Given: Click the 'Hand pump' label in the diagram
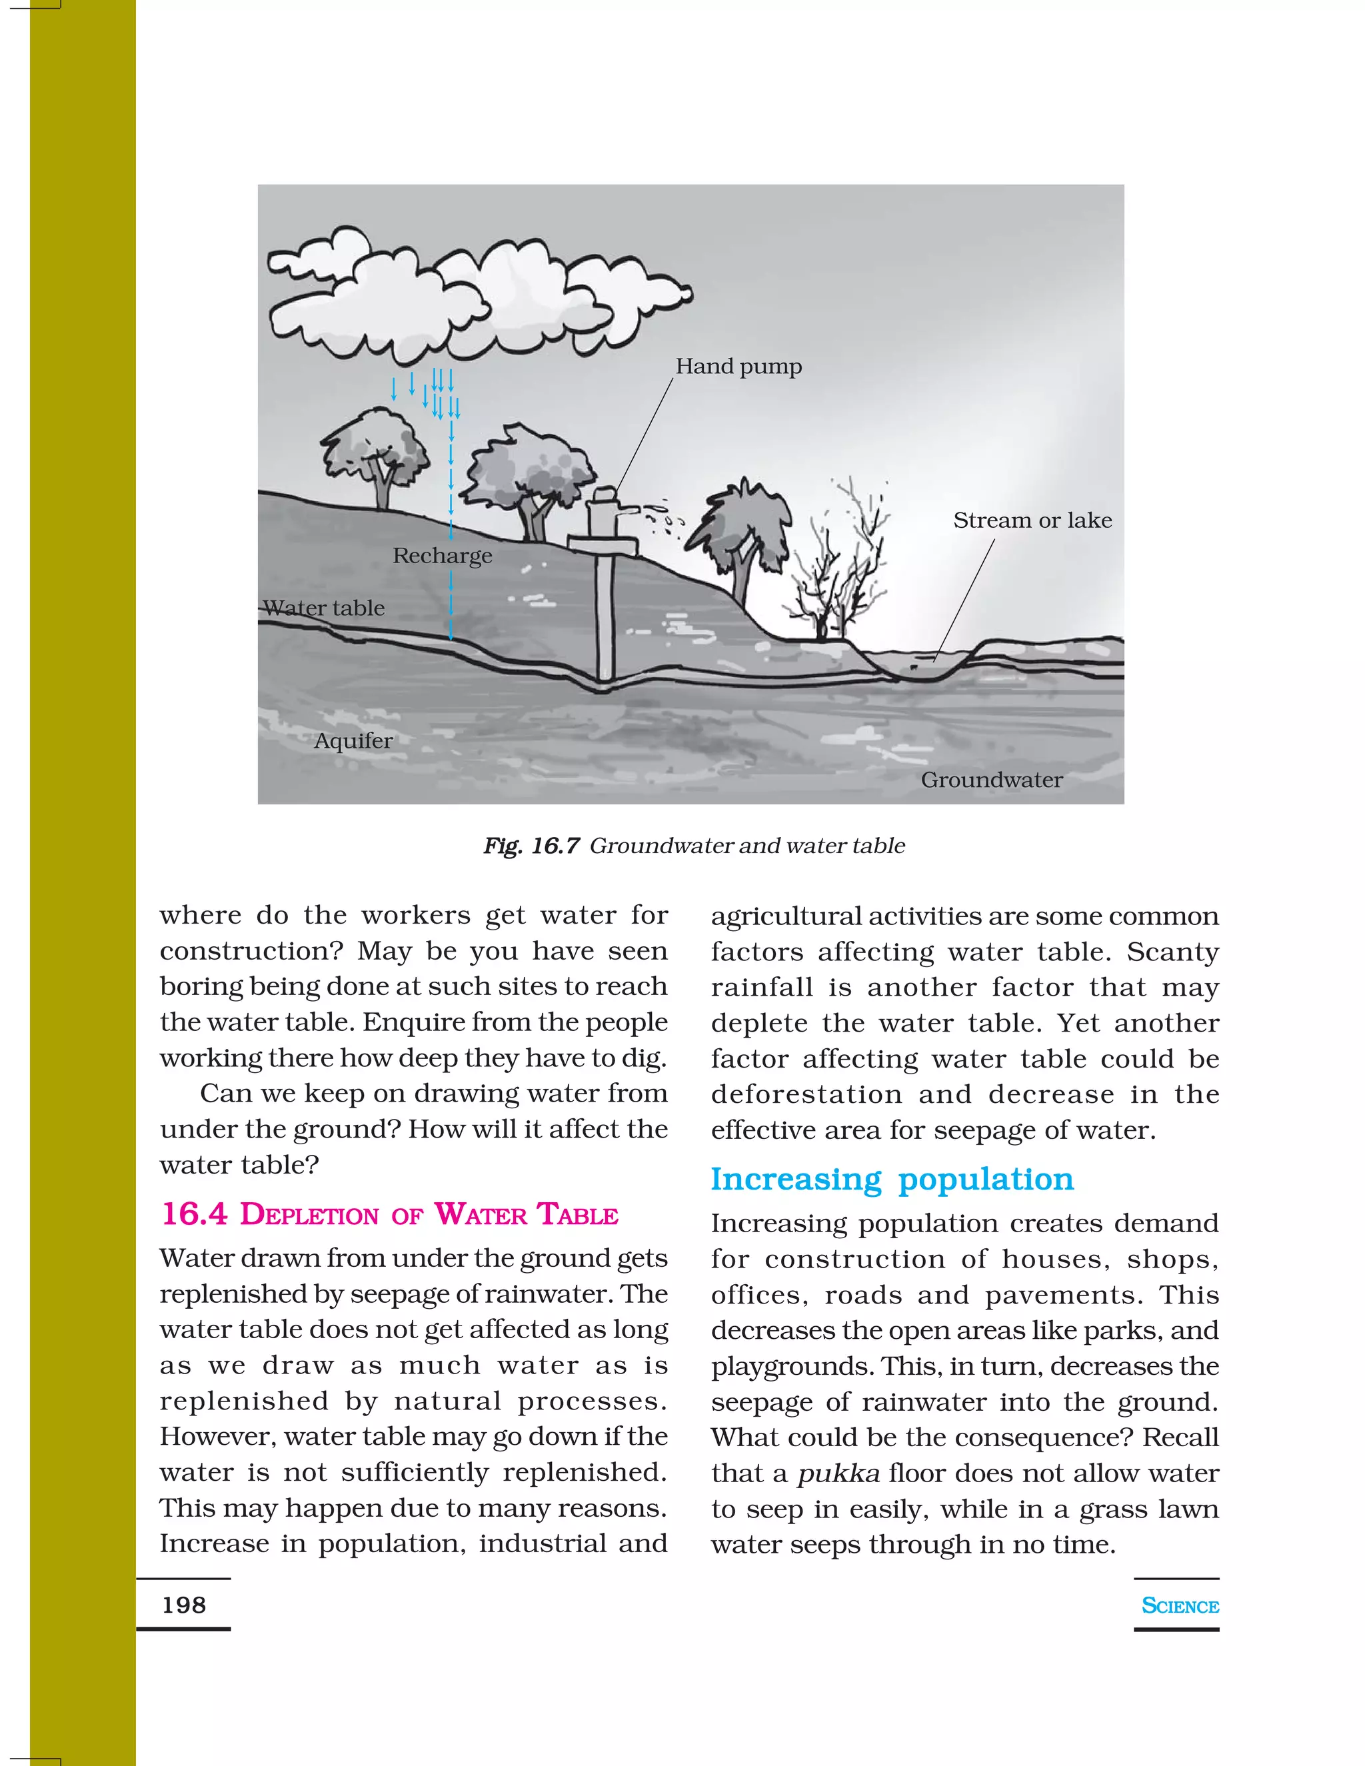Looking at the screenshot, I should pos(738,367).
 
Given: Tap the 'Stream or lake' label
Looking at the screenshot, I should pos(1032,520).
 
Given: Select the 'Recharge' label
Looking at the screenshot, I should pos(443,556).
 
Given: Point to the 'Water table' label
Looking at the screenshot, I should pos(325,608).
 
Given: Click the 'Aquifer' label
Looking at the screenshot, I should pos(353,740).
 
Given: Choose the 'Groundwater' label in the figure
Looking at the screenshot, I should pos(991,780).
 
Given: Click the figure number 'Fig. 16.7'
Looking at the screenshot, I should pos(531,846).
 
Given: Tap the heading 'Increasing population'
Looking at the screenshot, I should pos(892,1179).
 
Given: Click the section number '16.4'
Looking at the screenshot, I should pos(194,1214).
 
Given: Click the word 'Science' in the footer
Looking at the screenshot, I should pos(1179,1606).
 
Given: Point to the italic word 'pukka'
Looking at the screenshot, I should pos(838,1473).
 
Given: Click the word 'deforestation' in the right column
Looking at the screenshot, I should pos(806,1094).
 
